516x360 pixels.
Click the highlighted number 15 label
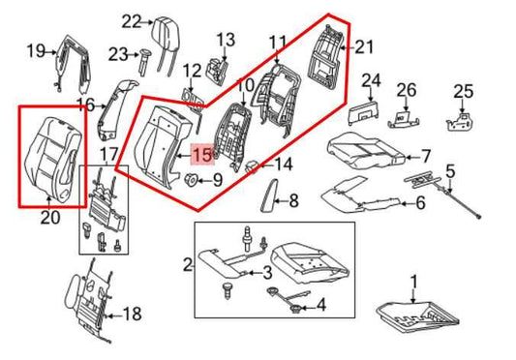tap(202, 153)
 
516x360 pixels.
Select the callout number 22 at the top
tap(131, 19)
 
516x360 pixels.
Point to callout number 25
tap(463, 91)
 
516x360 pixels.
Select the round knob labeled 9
tap(191, 179)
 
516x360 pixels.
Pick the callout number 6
tap(421, 202)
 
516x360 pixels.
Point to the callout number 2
tap(188, 262)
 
